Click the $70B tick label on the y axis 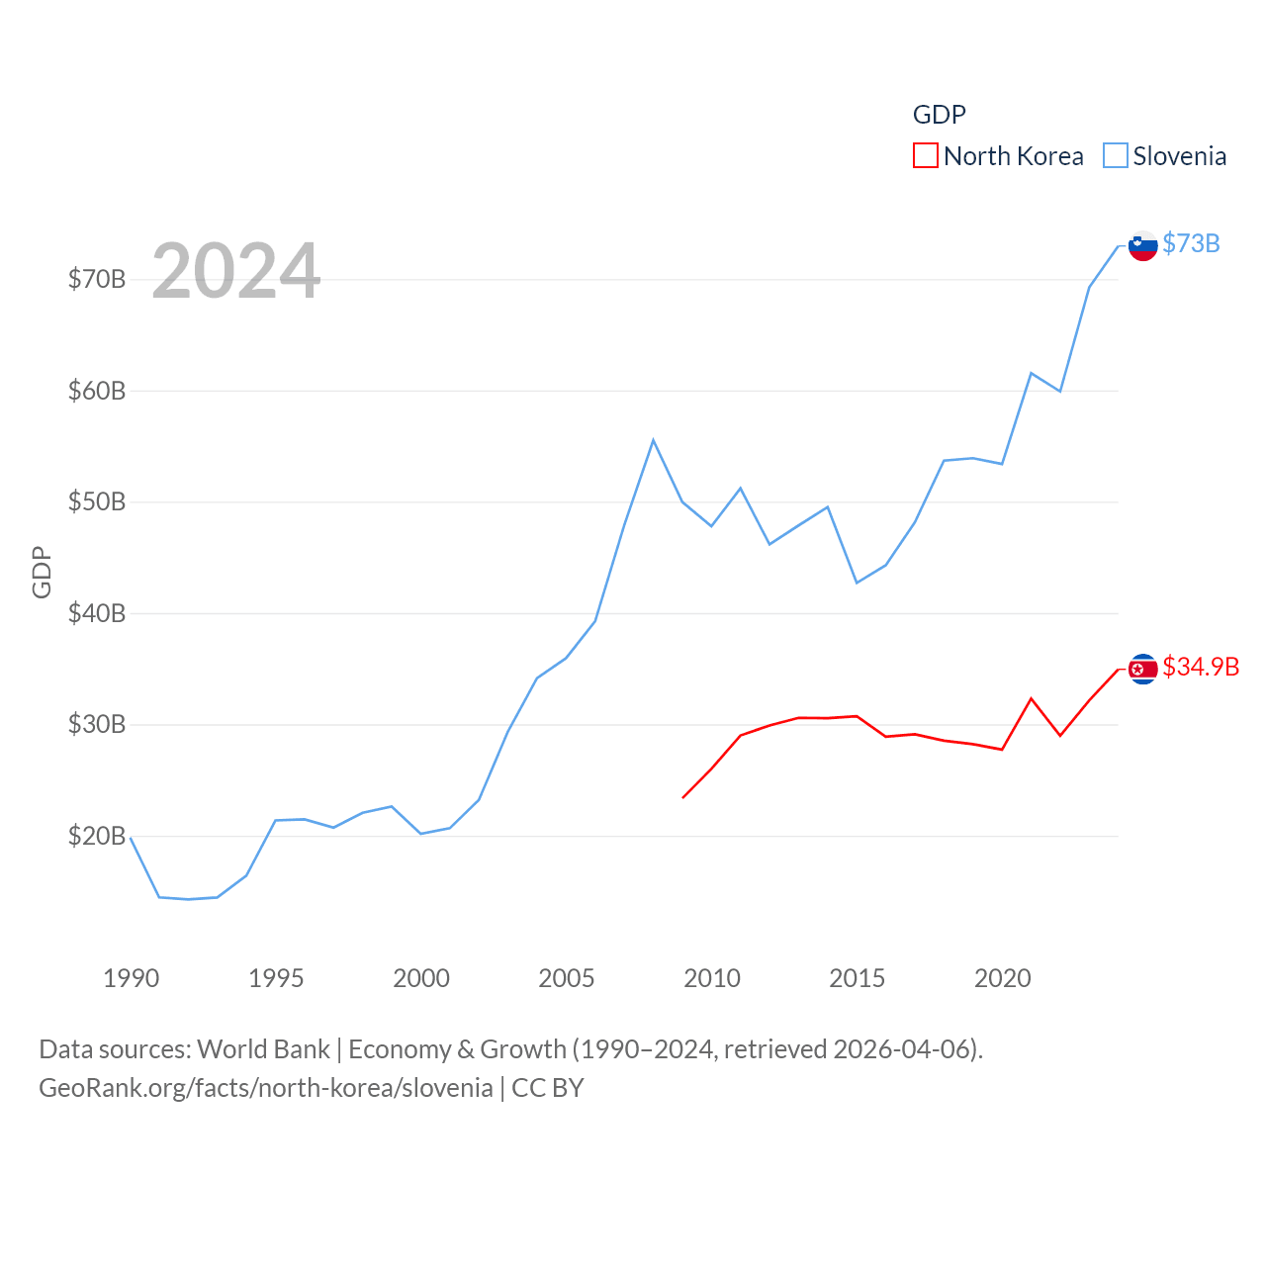(96, 279)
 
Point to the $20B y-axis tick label (96, 836)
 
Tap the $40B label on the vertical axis (96, 613)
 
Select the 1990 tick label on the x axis (131, 978)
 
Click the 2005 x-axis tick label (566, 978)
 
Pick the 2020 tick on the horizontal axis (1002, 978)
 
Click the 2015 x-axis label (857, 978)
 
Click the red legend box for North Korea (925, 155)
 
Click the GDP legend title (939, 115)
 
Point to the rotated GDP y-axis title (42, 572)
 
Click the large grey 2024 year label (235, 270)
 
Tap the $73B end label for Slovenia (1191, 243)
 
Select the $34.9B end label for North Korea (1201, 667)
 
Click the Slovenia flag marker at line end (1143, 245)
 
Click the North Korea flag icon (1143, 670)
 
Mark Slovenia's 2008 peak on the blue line (653, 440)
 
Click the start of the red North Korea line (683, 797)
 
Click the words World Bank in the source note (263, 1048)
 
